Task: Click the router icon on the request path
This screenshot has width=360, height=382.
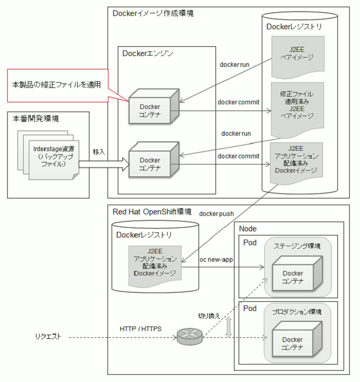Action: (190, 336)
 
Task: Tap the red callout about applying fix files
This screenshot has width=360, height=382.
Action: (58, 85)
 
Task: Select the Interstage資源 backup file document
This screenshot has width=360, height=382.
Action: (54, 159)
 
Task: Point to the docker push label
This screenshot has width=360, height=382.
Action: (217, 214)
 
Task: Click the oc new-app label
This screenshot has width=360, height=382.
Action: (216, 260)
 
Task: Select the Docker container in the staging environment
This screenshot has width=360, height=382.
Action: (297, 274)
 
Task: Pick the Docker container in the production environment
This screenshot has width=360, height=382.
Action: (297, 339)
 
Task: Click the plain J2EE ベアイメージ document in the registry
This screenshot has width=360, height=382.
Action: (298, 57)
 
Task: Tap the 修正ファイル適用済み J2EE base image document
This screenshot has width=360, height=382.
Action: (297, 109)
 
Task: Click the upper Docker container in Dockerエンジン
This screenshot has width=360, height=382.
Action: (154, 106)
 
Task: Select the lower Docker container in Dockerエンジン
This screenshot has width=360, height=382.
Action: (154, 159)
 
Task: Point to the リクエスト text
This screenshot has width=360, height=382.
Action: (48, 337)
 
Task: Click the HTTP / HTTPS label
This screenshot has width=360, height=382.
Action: (140, 329)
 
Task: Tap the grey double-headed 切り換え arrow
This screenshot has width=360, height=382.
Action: (228, 327)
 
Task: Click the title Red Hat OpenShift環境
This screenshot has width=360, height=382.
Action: (152, 212)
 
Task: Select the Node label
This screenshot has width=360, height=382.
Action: (248, 229)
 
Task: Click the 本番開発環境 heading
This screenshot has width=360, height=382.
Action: (35, 119)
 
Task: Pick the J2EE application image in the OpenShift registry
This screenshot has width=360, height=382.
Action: (155, 266)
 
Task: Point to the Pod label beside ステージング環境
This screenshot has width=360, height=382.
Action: (250, 243)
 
